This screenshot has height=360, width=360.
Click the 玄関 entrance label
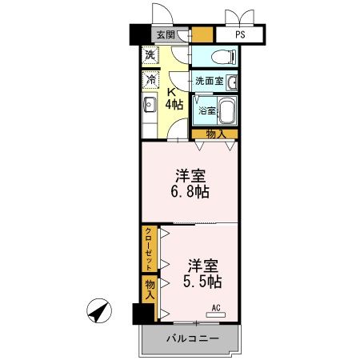tap(166, 35)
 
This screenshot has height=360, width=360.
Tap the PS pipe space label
tap(239, 35)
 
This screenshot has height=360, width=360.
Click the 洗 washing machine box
tap(150, 56)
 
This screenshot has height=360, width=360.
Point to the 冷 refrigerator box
tap(150, 80)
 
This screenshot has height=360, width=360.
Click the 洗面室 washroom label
tap(209, 82)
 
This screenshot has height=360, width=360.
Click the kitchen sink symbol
tap(149, 104)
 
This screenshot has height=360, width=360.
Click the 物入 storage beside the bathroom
tap(214, 134)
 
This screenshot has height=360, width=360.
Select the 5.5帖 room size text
tap(205, 282)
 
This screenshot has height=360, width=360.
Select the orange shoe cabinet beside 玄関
tap(202, 35)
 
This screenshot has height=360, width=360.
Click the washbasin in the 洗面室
tap(231, 82)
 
